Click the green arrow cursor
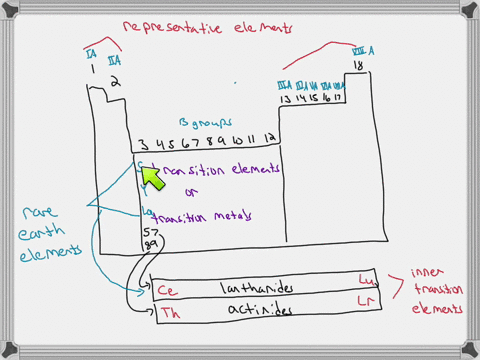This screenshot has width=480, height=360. [151, 176]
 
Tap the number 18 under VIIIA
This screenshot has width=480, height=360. [358, 66]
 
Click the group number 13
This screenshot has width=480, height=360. [281, 101]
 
